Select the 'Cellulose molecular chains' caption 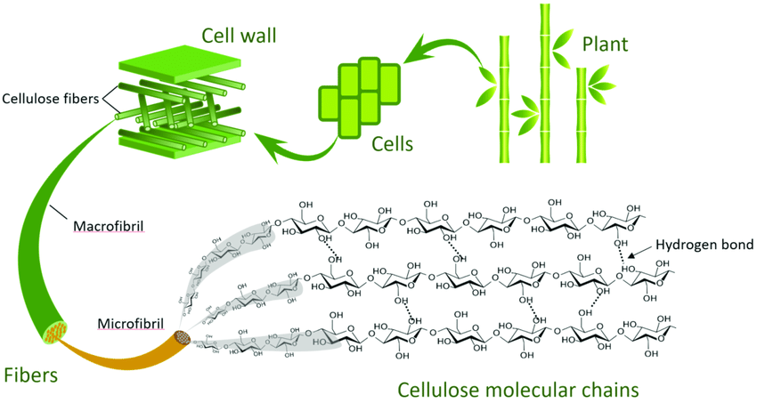click(x=517, y=389)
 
